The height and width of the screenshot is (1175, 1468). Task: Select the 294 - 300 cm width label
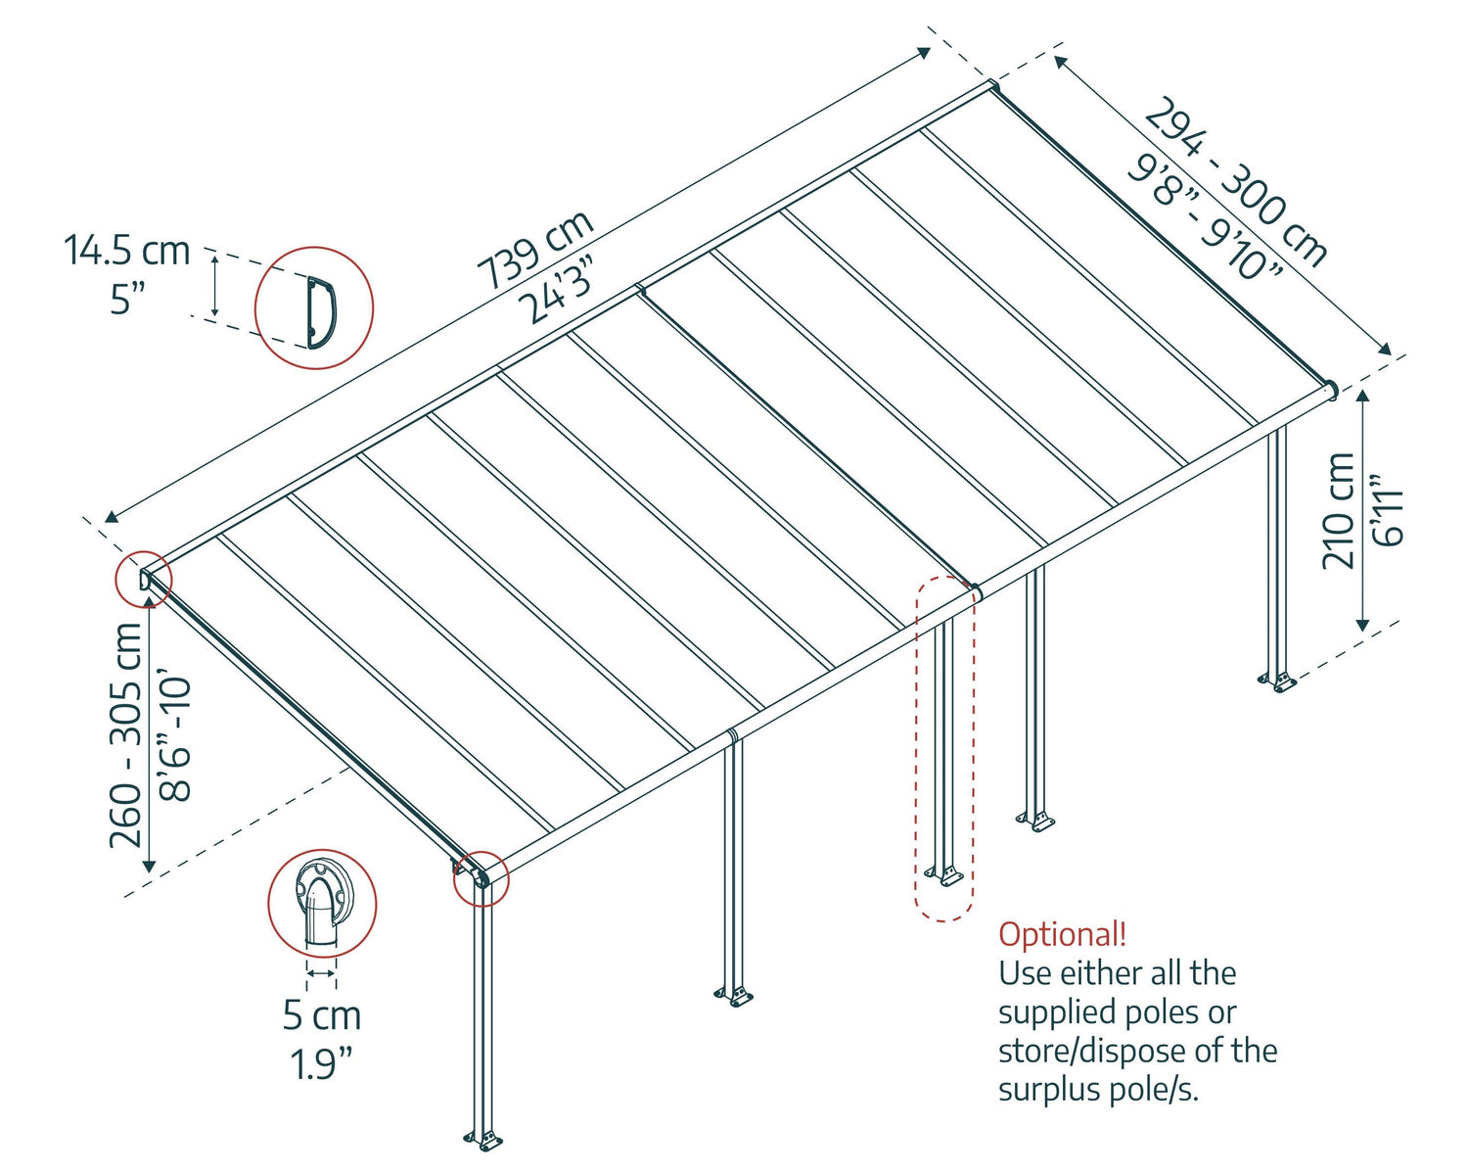coord(1236,182)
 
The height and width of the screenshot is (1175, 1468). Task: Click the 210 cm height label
coord(1338,510)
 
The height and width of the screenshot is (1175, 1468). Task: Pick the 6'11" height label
coord(1388,510)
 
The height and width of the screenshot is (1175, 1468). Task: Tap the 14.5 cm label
coord(127,251)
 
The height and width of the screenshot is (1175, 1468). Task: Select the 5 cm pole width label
coord(322,1015)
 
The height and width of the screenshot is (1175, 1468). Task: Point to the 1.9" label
coord(321,1064)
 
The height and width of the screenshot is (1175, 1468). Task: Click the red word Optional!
coord(1062,934)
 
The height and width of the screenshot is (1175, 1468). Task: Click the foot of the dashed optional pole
coord(944,874)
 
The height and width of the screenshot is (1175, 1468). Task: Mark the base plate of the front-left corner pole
coord(483,1139)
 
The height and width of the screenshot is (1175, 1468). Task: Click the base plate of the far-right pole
coord(1277,681)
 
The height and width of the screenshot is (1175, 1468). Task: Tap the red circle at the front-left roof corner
coord(481,878)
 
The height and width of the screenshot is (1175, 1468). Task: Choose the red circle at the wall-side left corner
coord(143,580)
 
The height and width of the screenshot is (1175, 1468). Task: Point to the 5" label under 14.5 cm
coord(127,298)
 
